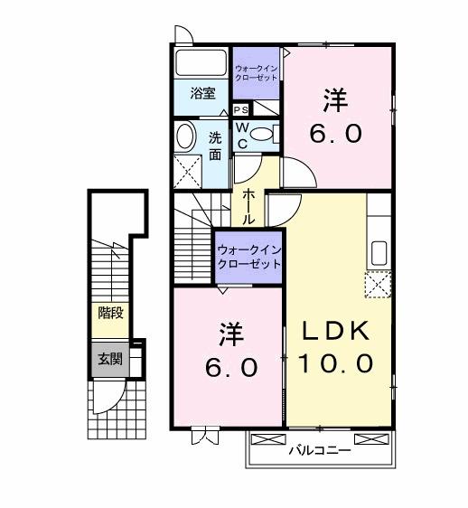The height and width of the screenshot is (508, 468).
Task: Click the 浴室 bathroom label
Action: (x=201, y=92)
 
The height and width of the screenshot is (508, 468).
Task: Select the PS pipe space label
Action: (x=240, y=109)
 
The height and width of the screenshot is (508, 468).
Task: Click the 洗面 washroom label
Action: (x=215, y=146)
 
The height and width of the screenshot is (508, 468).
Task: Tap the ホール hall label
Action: (x=248, y=205)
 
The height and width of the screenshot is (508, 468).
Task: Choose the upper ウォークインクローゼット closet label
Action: (x=256, y=73)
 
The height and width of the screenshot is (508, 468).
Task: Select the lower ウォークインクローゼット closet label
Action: (x=248, y=257)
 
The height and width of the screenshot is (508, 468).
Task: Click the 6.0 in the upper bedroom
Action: (x=339, y=134)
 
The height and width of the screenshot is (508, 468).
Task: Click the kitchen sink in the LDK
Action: (x=379, y=252)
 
